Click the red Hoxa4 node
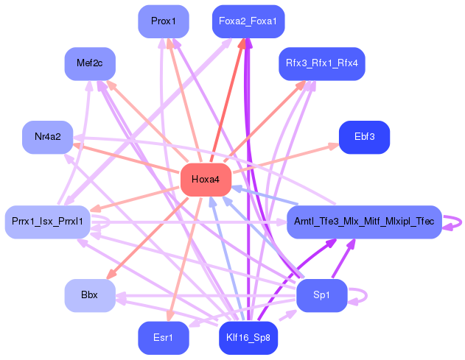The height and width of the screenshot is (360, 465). pyautogui.click(x=206, y=180)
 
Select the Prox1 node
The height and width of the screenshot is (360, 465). pyautogui.click(x=164, y=21)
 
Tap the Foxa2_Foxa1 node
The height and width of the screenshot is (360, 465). pyautogui.click(x=248, y=21)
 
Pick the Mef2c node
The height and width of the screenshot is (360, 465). pyautogui.click(x=89, y=63)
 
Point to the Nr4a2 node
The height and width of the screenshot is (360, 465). pyautogui.click(x=47, y=137)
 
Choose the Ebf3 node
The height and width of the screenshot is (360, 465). pyautogui.click(x=364, y=137)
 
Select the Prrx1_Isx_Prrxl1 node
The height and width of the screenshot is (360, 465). pyautogui.click(x=47, y=221)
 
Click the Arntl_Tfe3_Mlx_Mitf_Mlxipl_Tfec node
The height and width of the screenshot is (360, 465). pyautogui.click(x=363, y=221)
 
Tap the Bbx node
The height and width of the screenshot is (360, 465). pyautogui.click(x=89, y=295)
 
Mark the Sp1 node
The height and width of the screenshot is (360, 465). pyautogui.click(x=321, y=295)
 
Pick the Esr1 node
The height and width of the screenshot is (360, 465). pyautogui.click(x=164, y=338)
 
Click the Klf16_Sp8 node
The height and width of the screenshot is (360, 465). pyautogui.click(x=248, y=338)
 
